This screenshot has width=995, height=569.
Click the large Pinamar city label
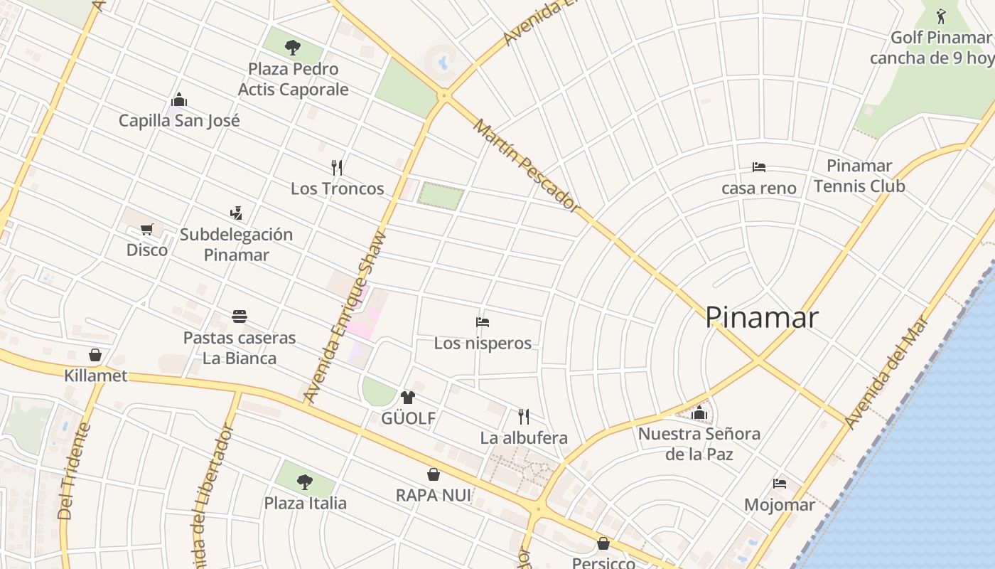click(x=761, y=317)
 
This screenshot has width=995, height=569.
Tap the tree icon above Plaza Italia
click(x=305, y=482)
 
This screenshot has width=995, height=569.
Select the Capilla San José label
click(x=179, y=120)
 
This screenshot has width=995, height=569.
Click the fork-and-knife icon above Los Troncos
click(x=337, y=167)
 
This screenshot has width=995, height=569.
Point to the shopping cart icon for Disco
click(x=147, y=229)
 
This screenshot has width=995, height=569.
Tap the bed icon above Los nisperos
click(x=483, y=321)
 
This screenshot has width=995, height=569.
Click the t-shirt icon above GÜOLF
click(x=408, y=397)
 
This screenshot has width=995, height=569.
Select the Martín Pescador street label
click(x=525, y=165)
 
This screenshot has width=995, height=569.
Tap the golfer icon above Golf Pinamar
click(x=941, y=16)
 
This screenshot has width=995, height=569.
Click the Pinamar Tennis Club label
click(x=859, y=176)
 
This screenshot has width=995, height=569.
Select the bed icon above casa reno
click(x=759, y=167)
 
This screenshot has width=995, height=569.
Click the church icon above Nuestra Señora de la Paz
click(x=699, y=413)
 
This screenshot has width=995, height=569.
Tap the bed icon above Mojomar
click(x=780, y=484)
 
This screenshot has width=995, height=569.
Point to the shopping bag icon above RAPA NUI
click(x=434, y=474)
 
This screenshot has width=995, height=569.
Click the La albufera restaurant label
click(x=524, y=437)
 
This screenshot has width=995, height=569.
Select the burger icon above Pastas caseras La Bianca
click(x=240, y=316)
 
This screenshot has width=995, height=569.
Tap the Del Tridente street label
click(x=75, y=471)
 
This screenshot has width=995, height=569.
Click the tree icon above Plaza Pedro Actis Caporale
click(x=293, y=48)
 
